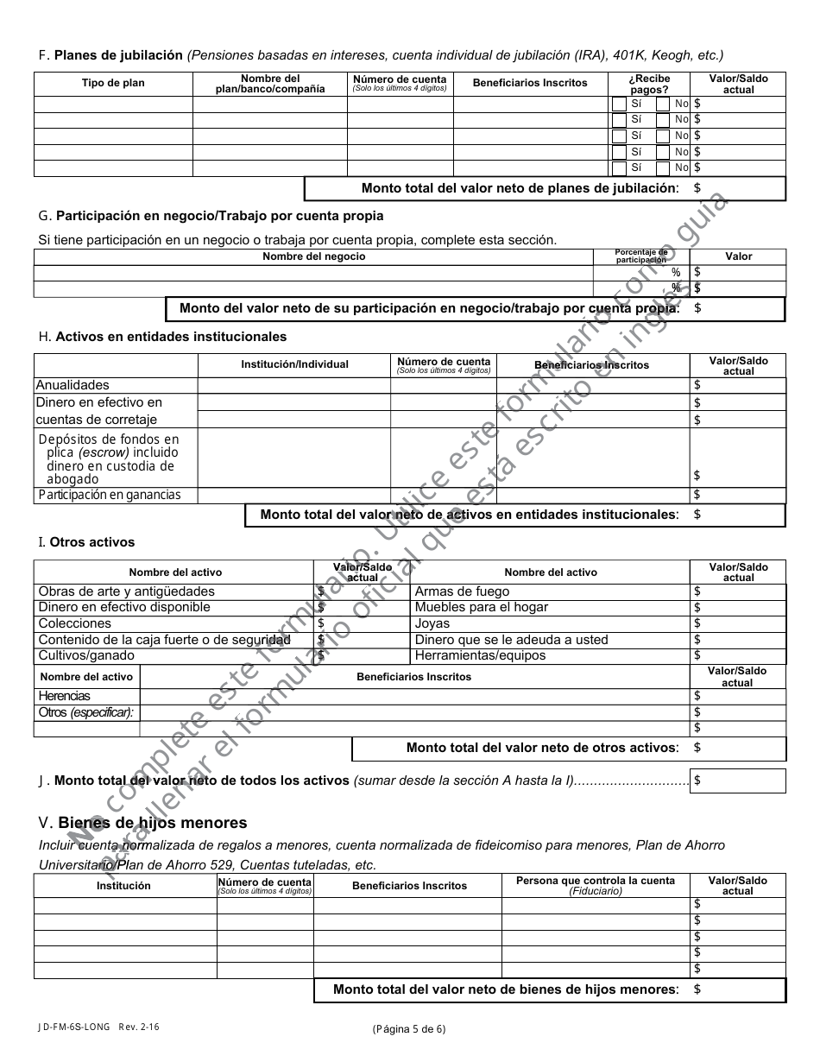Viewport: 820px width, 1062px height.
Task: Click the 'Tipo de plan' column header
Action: tap(113, 84)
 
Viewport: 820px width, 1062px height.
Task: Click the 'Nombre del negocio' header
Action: tap(313, 256)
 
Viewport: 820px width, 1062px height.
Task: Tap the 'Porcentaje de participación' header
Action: tap(640, 256)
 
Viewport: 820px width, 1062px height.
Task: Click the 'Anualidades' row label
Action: tap(73, 386)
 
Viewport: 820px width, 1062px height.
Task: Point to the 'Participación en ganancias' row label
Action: tap(110, 496)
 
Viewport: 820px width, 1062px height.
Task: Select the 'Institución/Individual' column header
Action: tap(294, 364)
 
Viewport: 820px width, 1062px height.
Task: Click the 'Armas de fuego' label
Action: tap(462, 592)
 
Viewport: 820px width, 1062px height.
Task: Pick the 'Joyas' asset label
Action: tap(432, 624)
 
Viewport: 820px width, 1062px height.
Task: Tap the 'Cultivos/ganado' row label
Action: tap(86, 656)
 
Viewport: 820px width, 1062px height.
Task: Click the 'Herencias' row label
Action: tap(64, 697)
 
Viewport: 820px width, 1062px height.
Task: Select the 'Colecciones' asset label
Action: tap(75, 624)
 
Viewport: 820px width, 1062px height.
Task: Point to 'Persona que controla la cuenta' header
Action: tap(596, 881)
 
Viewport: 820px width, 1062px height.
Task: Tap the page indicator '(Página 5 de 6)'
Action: tap(409, 1028)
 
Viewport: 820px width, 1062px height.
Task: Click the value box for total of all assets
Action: tap(738, 781)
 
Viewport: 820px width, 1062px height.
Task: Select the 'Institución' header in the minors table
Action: tap(123, 886)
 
